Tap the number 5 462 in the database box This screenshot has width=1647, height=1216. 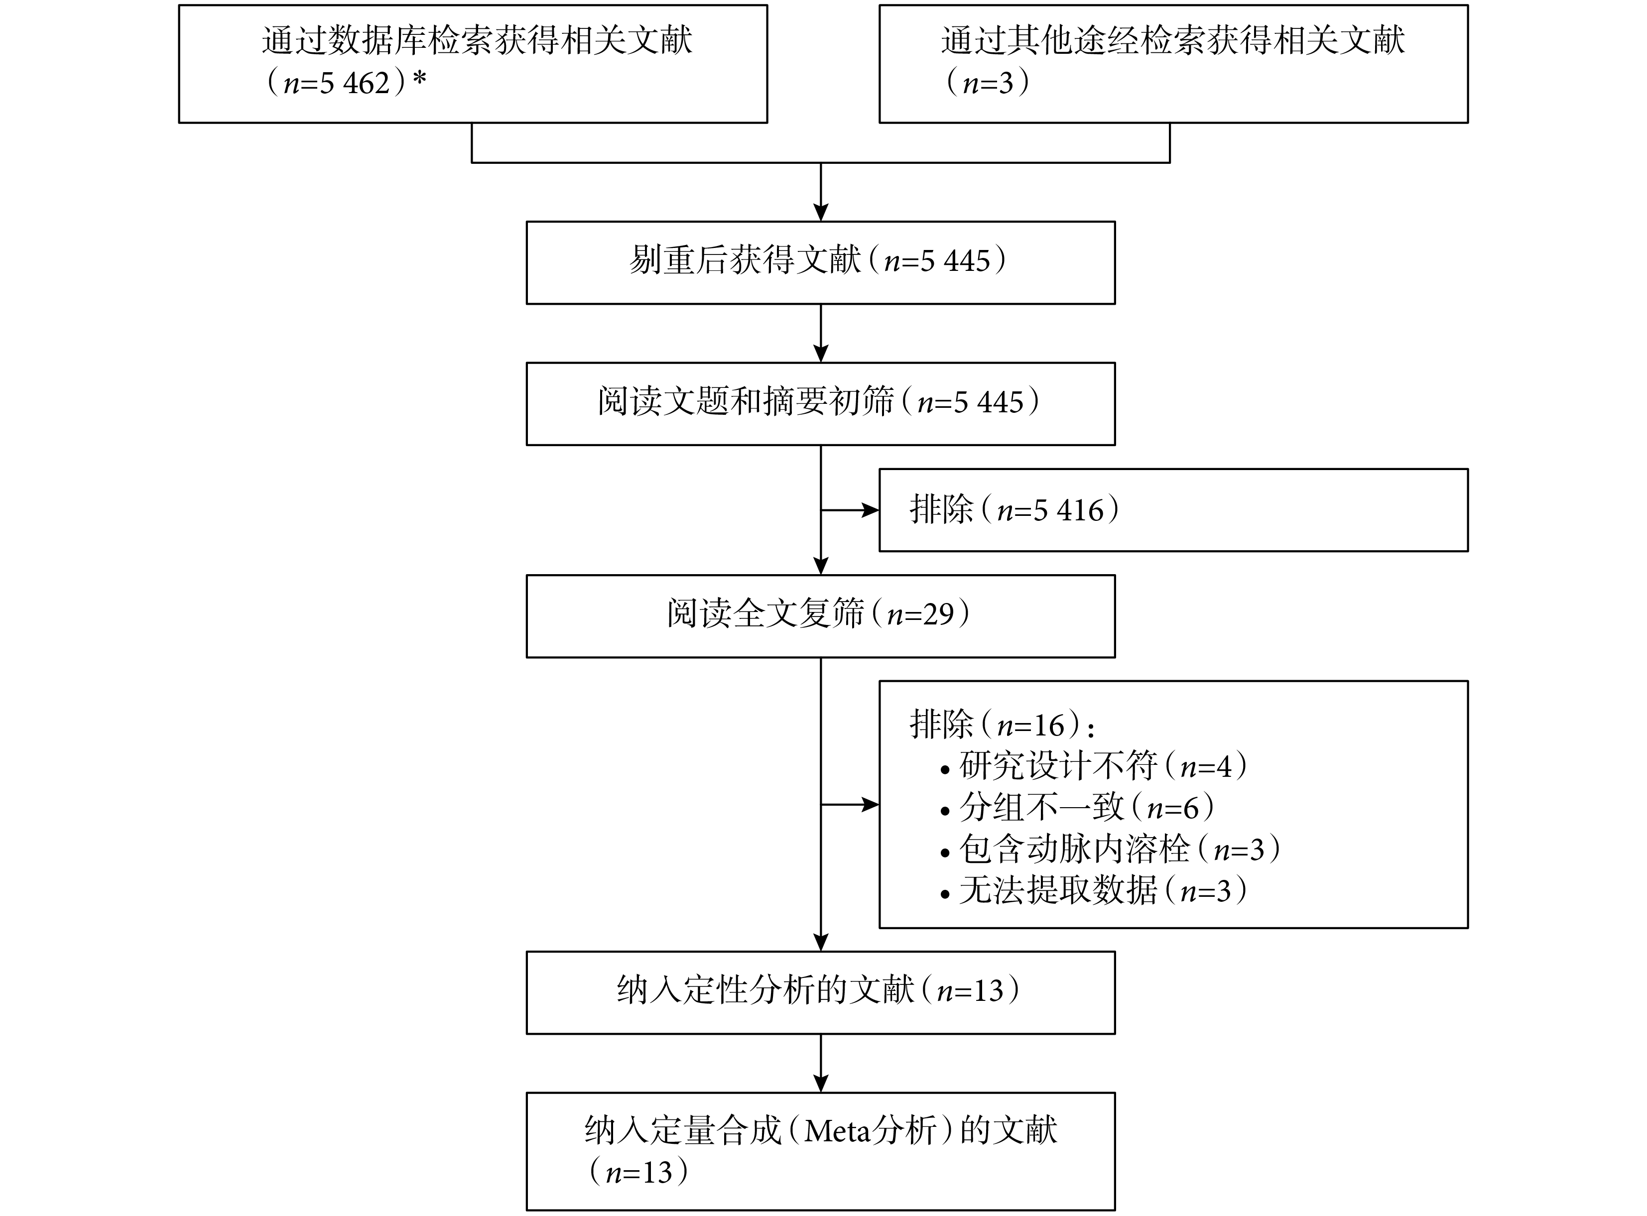[355, 83]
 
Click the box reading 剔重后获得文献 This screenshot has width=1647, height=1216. [820, 263]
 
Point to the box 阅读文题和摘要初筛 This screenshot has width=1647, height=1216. [820, 404]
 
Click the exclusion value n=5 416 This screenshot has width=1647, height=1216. [1051, 510]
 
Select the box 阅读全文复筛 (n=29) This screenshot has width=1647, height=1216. [820, 616]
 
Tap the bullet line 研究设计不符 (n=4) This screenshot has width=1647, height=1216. [1094, 767]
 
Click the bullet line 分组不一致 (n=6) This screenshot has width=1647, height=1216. [1078, 808]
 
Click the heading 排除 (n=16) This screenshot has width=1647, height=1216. [1002, 725]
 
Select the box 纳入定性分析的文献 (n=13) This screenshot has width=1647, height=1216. [820, 993]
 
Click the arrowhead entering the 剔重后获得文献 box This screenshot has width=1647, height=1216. [821, 213]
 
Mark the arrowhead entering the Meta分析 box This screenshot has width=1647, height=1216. [821, 1084]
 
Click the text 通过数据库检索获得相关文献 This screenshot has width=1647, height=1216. [477, 40]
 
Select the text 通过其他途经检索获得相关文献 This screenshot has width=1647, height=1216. [1173, 40]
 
